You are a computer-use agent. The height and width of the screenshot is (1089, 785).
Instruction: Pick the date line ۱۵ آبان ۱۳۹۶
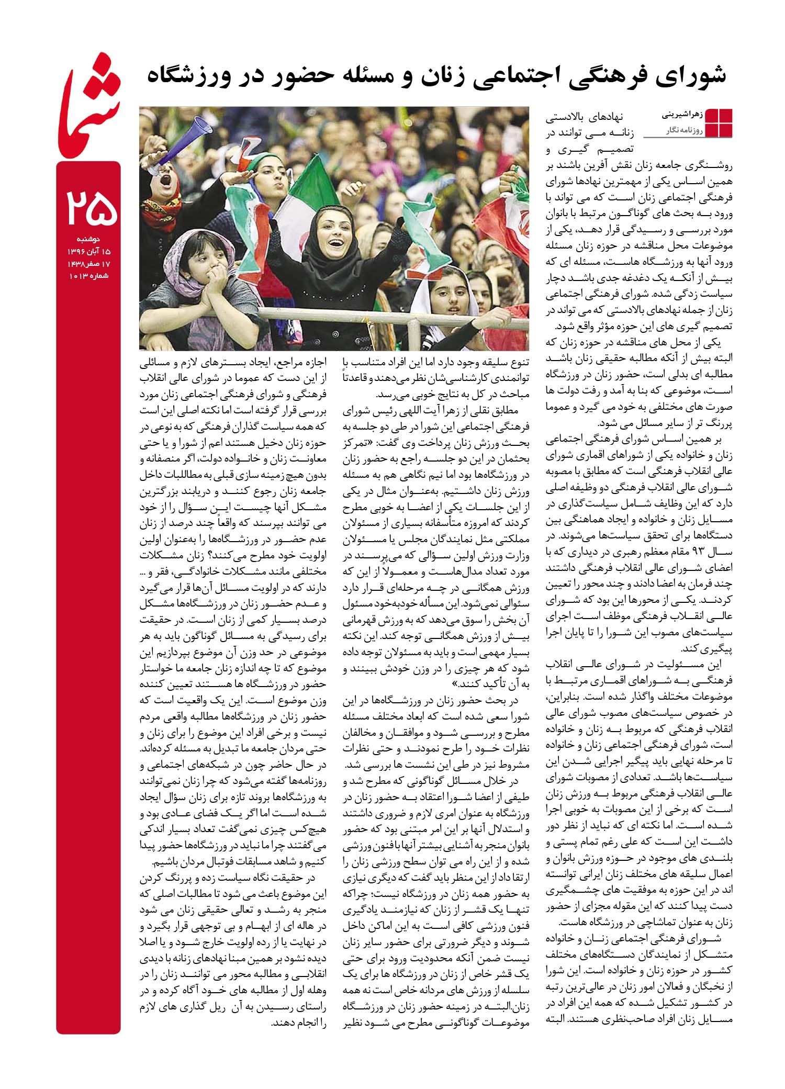[x=90, y=251]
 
